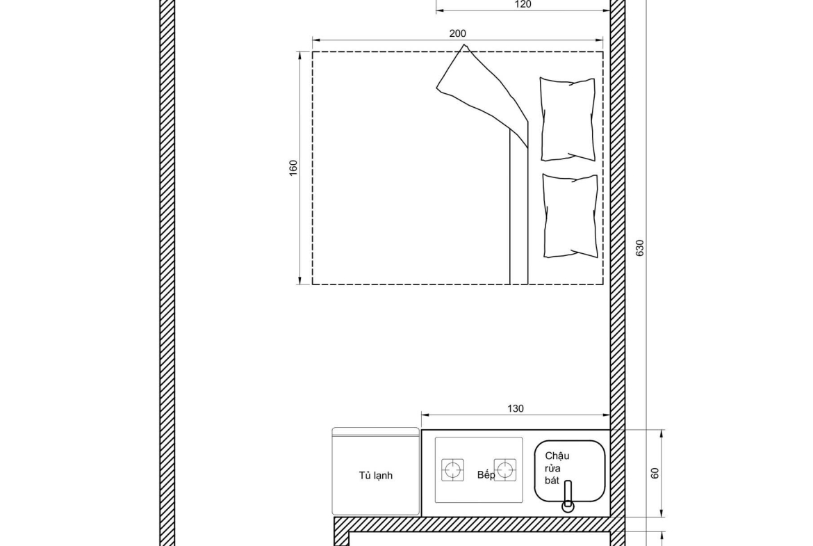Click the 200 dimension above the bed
(457, 34)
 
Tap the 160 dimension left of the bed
(293, 168)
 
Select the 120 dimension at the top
(523, 5)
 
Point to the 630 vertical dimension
(640, 248)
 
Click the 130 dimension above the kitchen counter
(516, 409)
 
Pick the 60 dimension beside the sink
(655, 474)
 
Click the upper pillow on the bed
(567, 119)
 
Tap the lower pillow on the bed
(570, 216)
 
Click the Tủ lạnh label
(375, 476)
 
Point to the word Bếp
(486, 475)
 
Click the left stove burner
(452, 469)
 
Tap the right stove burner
(504, 469)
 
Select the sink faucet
(568, 496)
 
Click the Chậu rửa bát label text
(557, 468)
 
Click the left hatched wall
(167, 273)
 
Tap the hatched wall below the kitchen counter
(472, 524)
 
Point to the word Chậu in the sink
(557, 456)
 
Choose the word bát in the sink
(552, 481)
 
